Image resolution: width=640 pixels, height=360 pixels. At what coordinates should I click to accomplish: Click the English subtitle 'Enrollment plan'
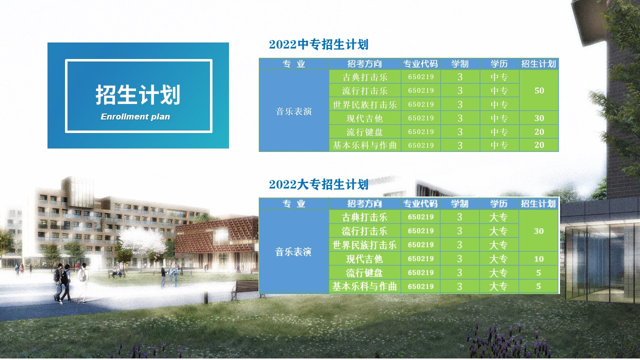pos(135,116)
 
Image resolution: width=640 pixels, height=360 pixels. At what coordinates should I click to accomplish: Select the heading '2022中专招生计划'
pos(318,44)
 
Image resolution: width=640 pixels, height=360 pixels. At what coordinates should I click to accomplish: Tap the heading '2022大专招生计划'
pos(318,184)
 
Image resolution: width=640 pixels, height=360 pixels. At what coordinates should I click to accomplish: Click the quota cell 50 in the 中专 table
pos(539,90)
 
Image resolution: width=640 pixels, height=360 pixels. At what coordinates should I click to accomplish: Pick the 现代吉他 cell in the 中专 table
pos(364,118)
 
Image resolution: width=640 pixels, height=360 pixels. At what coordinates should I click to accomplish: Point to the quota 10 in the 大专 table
pos(538,259)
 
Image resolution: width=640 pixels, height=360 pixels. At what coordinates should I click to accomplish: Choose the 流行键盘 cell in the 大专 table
pos(364,273)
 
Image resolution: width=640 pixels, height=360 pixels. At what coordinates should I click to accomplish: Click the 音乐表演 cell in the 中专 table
pos(293,111)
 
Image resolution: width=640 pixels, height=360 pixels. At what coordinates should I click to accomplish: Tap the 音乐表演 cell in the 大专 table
pos(293,251)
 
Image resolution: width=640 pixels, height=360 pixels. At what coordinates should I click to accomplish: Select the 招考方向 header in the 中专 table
pos(364,63)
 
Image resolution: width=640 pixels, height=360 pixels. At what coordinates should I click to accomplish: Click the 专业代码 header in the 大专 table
pos(420,203)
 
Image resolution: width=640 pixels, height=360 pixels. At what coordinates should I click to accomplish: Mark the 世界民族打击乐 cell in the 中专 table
pos(364,104)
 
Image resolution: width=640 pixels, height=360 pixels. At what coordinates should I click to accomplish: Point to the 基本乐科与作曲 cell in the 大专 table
pos(364,286)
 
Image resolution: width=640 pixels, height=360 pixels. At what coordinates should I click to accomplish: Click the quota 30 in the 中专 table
pos(539,118)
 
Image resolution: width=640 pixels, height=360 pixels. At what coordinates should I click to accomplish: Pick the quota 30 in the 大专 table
pos(538,231)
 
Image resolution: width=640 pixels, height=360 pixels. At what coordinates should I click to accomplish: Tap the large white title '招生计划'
pos(137,94)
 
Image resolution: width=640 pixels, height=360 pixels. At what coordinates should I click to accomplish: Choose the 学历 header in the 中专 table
pos(499,63)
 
